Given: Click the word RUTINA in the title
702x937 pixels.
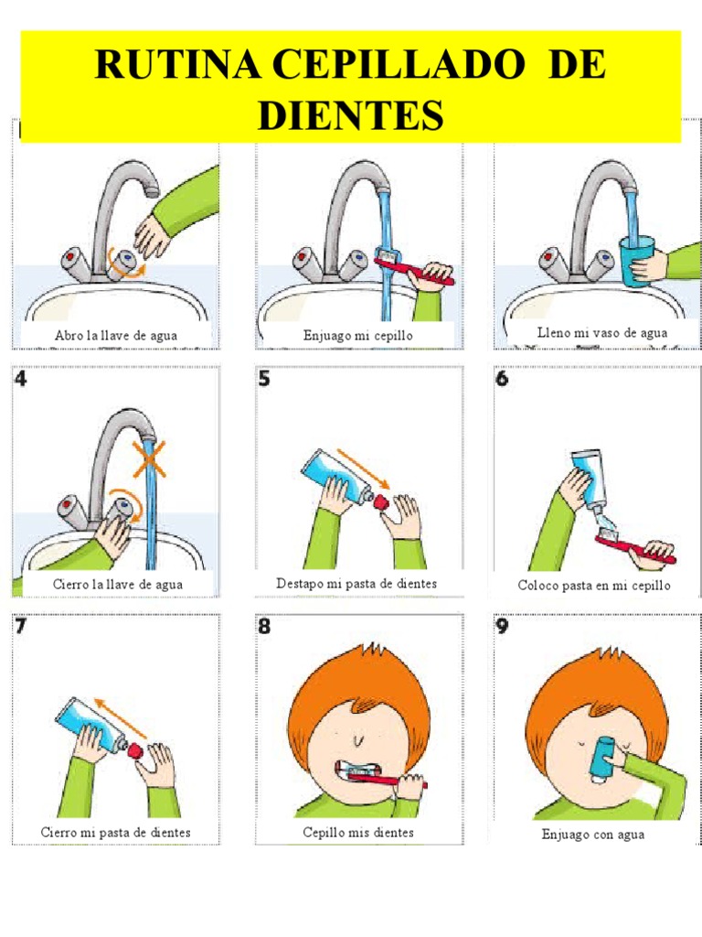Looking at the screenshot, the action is tap(178, 64).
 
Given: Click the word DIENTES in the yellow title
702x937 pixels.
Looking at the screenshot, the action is tap(351, 114).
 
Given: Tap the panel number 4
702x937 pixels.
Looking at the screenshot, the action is tap(21, 378).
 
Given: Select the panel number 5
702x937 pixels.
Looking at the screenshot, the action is tap(264, 378).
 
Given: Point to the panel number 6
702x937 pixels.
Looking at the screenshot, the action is tap(502, 378).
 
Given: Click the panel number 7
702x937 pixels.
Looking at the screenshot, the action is tap(21, 626).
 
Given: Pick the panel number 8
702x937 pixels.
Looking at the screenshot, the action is tap(264, 626).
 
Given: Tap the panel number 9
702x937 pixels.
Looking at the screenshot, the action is tap(502, 626).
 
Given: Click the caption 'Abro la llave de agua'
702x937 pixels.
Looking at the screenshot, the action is tap(116, 335).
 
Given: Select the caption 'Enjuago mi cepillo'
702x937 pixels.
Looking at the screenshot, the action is tap(357, 335).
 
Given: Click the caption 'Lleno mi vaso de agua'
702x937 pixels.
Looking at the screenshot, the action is tap(601, 332).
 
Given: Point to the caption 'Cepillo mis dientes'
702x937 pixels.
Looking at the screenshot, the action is tap(357, 832).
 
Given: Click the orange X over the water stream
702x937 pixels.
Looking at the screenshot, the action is tap(149, 459).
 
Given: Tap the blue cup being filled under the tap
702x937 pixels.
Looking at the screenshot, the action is tap(636, 261).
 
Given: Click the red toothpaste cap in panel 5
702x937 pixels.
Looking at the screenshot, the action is tap(380, 501).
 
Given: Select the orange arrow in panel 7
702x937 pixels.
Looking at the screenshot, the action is tap(121, 717).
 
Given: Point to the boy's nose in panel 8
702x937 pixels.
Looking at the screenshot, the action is tap(358, 741).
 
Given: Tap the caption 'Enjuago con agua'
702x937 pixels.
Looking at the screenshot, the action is tap(592, 835).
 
